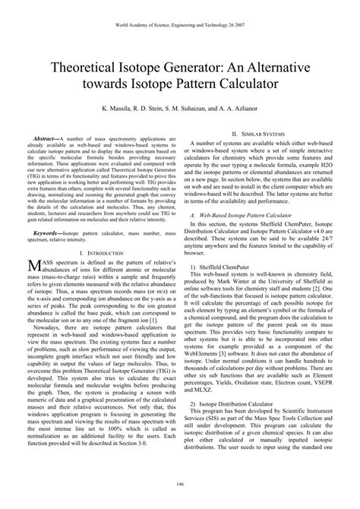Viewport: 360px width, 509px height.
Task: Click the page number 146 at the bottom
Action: coord(180,484)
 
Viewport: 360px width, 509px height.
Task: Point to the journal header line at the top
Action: coord(180,25)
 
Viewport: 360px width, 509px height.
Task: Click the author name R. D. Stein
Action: coord(151,109)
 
